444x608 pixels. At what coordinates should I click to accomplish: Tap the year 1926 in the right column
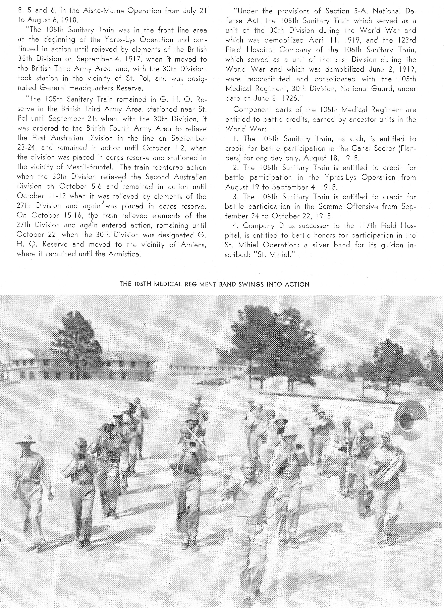(x=290, y=98)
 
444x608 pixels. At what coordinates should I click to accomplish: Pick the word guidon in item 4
(x=392, y=245)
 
